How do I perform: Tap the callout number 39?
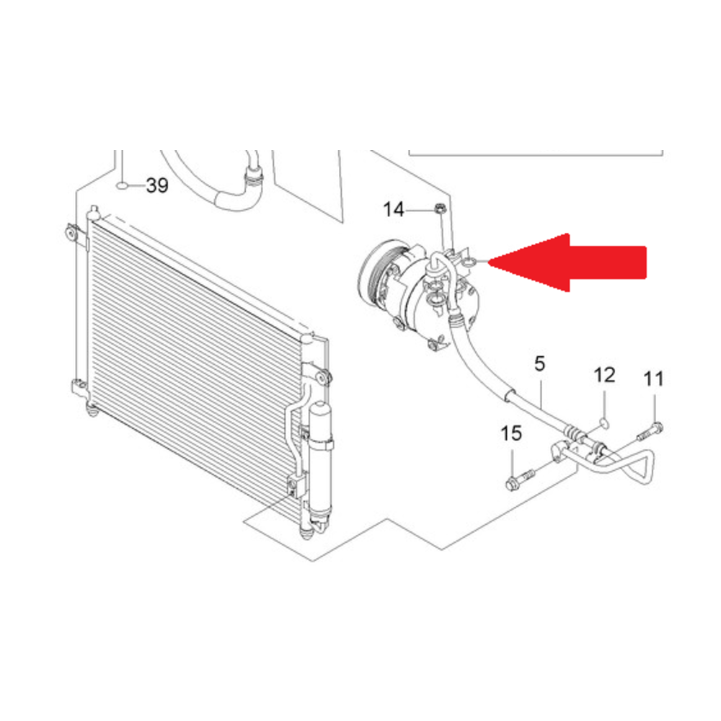click(x=157, y=185)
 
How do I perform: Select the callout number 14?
click(x=394, y=210)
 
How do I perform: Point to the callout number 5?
click(x=540, y=363)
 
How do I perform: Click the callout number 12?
click(x=605, y=376)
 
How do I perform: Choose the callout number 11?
click(x=653, y=379)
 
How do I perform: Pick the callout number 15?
click(x=511, y=433)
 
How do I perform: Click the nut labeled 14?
click(x=438, y=209)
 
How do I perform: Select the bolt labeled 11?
click(x=650, y=431)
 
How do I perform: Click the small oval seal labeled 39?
click(x=123, y=186)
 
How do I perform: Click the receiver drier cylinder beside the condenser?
click(x=321, y=466)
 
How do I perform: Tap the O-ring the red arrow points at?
click(x=469, y=263)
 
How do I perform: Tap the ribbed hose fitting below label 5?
click(x=572, y=432)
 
